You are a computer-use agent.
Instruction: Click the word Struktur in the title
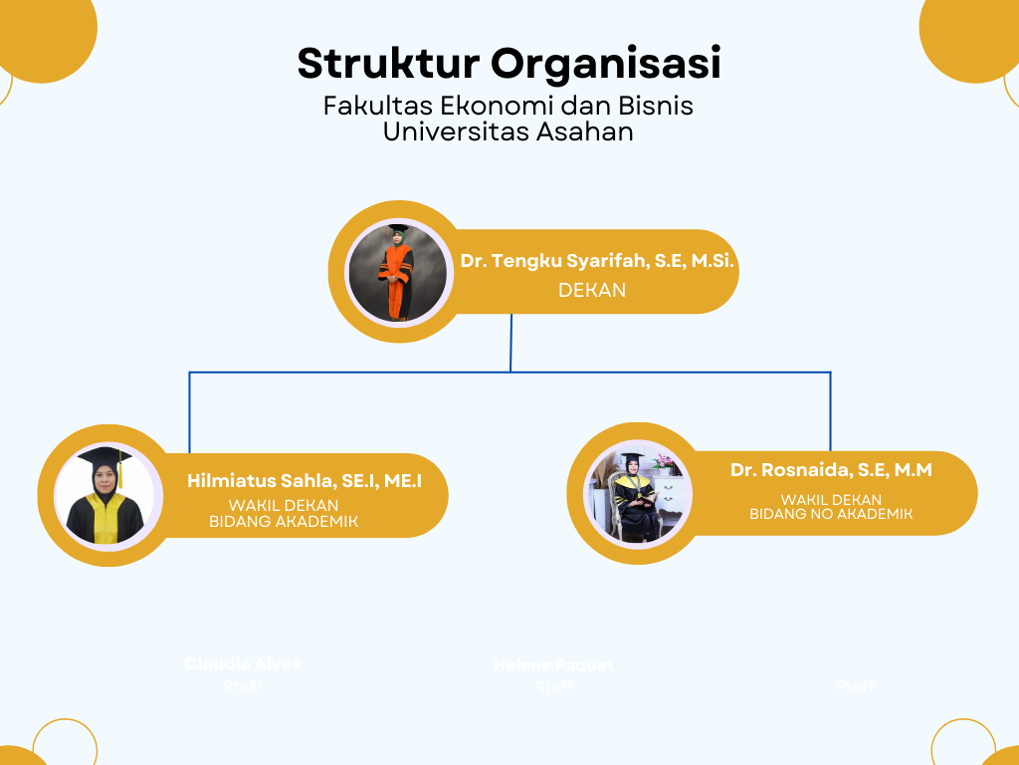coord(388,64)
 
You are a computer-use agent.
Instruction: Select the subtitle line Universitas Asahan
coord(509,131)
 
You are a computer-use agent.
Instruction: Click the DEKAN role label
coord(592,290)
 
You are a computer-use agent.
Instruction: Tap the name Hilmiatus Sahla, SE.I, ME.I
coord(305,481)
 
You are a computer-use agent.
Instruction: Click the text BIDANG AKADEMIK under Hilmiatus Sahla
coord(284,521)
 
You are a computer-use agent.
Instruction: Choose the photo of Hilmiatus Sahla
coord(105,495)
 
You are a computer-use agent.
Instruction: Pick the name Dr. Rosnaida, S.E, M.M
coord(831,470)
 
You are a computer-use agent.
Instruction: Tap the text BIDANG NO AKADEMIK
coord(831,514)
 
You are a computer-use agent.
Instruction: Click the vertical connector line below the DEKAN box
coord(511,344)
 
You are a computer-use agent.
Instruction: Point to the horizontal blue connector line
coord(348,373)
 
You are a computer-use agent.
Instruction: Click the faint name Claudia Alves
coord(243,663)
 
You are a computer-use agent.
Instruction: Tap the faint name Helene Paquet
coord(553,665)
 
